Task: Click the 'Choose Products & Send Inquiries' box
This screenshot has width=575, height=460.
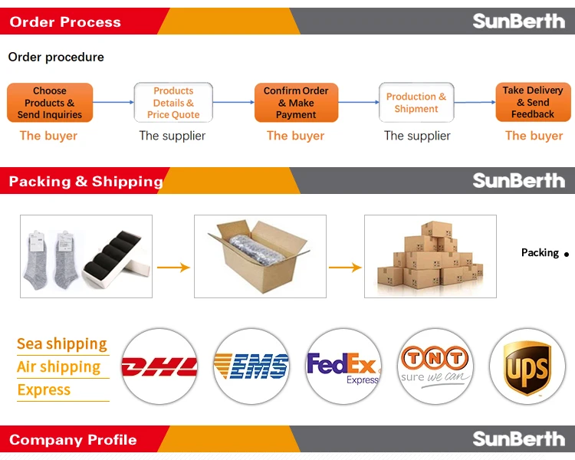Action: (x=50, y=103)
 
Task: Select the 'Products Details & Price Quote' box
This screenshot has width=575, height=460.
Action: (x=173, y=103)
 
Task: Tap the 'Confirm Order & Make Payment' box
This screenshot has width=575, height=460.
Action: (x=296, y=103)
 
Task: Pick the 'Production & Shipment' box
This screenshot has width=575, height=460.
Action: (x=416, y=103)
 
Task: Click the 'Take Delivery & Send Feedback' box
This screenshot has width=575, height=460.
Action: (x=533, y=103)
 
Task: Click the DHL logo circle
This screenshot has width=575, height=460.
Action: (x=159, y=366)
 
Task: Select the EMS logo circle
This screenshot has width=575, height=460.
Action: (x=251, y=366)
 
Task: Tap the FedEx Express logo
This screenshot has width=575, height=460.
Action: (x=343, y=366)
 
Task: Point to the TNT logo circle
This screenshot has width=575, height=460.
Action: (x=435, y=366)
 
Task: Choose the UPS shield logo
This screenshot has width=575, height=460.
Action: (x=527, y=366)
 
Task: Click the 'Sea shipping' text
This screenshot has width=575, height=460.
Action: (x=62, y=344)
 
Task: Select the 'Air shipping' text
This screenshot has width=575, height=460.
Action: (x=59, y=367)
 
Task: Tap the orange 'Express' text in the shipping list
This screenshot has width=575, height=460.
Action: (x=44, y=390)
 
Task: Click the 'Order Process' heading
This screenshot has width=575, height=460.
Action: (x=65, y=22)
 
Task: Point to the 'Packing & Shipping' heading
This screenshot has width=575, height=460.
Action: (x=86, y=182)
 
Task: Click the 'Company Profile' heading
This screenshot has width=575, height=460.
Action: (x=73, y=440)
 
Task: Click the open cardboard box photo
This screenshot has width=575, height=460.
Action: (x=260, y=256)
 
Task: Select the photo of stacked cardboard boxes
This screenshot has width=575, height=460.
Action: (x=430, y=256)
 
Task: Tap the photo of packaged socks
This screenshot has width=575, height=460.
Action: (x=86, y=256)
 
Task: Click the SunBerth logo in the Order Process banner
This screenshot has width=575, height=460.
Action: (x=518, y=21)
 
